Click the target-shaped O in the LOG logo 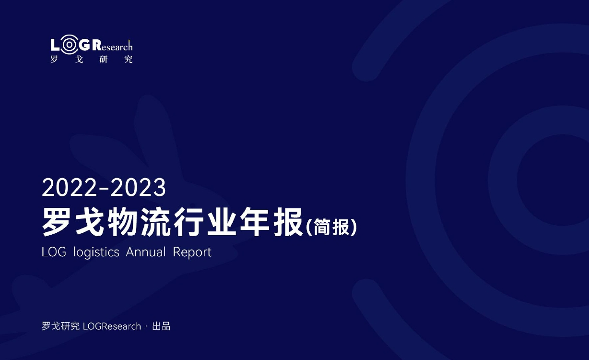69,45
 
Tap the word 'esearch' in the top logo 117,46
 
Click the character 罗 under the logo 54,59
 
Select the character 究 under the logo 129,59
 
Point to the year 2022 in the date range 70,187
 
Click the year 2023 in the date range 138,187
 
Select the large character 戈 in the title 89,222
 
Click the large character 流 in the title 155,222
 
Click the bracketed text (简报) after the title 331,227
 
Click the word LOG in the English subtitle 54,252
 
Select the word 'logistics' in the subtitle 96,252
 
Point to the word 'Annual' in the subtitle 146,252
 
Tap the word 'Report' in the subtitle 192,252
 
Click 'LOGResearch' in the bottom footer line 112,326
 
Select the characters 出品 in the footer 161,326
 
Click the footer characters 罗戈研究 61,326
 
